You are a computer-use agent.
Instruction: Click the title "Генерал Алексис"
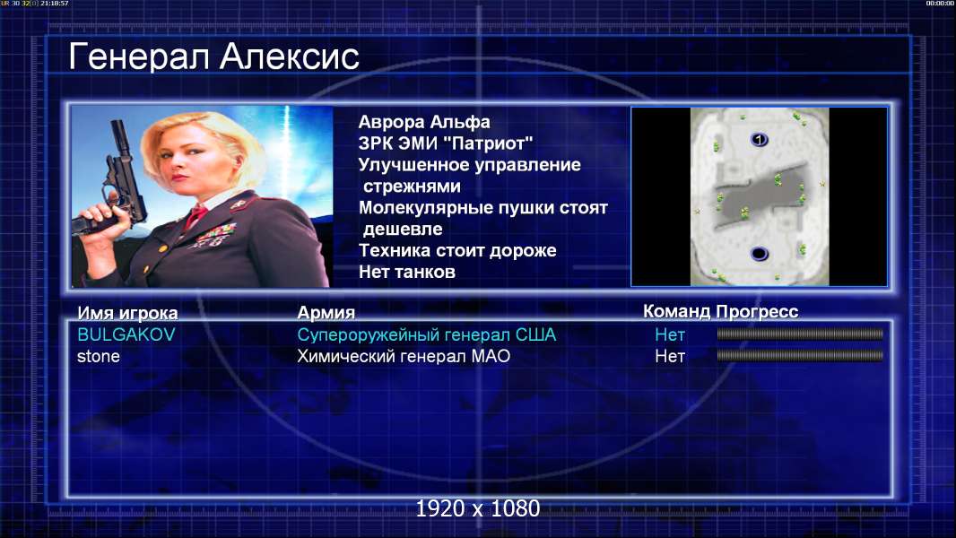pyautogui.click(x=214, y=56)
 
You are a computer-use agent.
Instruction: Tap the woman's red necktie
pyautogui.click(x=196, y=216)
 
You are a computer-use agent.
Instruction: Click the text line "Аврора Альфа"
pyautogui.click(x=424, y=122)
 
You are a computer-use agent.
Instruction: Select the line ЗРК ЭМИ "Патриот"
pyautogui.click(x=446, y=143)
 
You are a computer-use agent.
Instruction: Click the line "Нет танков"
pyautogui.click(x=407, y=272)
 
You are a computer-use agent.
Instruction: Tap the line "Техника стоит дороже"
pyautogui.click(x=457, y=250)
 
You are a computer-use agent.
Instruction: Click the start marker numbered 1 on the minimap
pyautogui.click(x=759, y=140)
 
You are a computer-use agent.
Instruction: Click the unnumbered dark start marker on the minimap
pyautogui.click(x=759, y=254)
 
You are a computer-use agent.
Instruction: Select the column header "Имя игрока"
pyautogui.click(x=127, y=313)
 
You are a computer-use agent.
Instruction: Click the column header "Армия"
pyautogui.click(x=326, y=313)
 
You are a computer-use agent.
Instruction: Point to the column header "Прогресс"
pyautogui.click(x=757, y=312)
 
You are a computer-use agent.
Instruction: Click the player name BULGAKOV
pyautogui.click(x=126, y=334)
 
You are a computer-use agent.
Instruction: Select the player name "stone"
pyautogui.click(x=98, y=357)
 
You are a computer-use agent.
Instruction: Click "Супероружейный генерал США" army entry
pyautogui.click(x=427, y=334)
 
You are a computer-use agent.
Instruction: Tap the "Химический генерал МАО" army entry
pyautogui.click(x=404, y=357)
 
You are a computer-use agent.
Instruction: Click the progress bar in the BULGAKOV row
pyautogui.click(x=800, y=334)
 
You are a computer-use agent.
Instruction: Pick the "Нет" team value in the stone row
pyautogui.click(x=670, y=357)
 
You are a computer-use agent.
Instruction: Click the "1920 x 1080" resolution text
pyautogui.click(x=478, y=508)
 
